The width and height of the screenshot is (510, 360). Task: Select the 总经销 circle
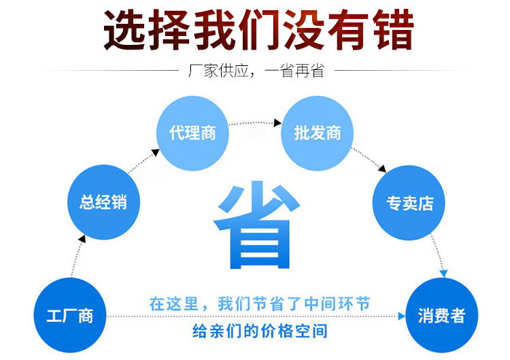point(103,202)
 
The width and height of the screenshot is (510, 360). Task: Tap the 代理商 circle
point(193,132)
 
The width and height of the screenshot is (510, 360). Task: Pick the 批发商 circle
point(317,133)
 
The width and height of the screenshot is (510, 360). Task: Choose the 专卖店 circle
point(409,203)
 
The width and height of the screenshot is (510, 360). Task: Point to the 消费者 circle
point(441,316)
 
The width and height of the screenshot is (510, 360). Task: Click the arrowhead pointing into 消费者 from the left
point(400,316)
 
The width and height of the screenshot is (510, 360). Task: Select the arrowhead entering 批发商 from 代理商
point(277,124)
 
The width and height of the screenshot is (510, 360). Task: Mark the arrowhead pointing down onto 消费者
point(444,274)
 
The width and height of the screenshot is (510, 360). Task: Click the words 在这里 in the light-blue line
point(173,304)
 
